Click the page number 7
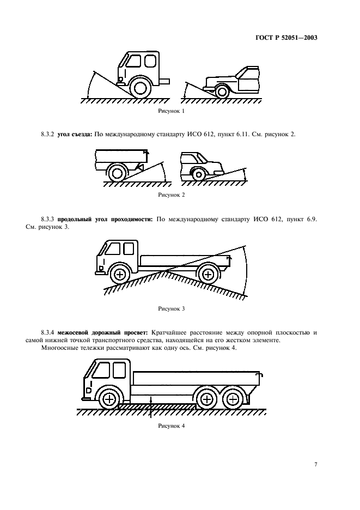(316, 464)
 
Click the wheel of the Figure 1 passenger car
(222, 91)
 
